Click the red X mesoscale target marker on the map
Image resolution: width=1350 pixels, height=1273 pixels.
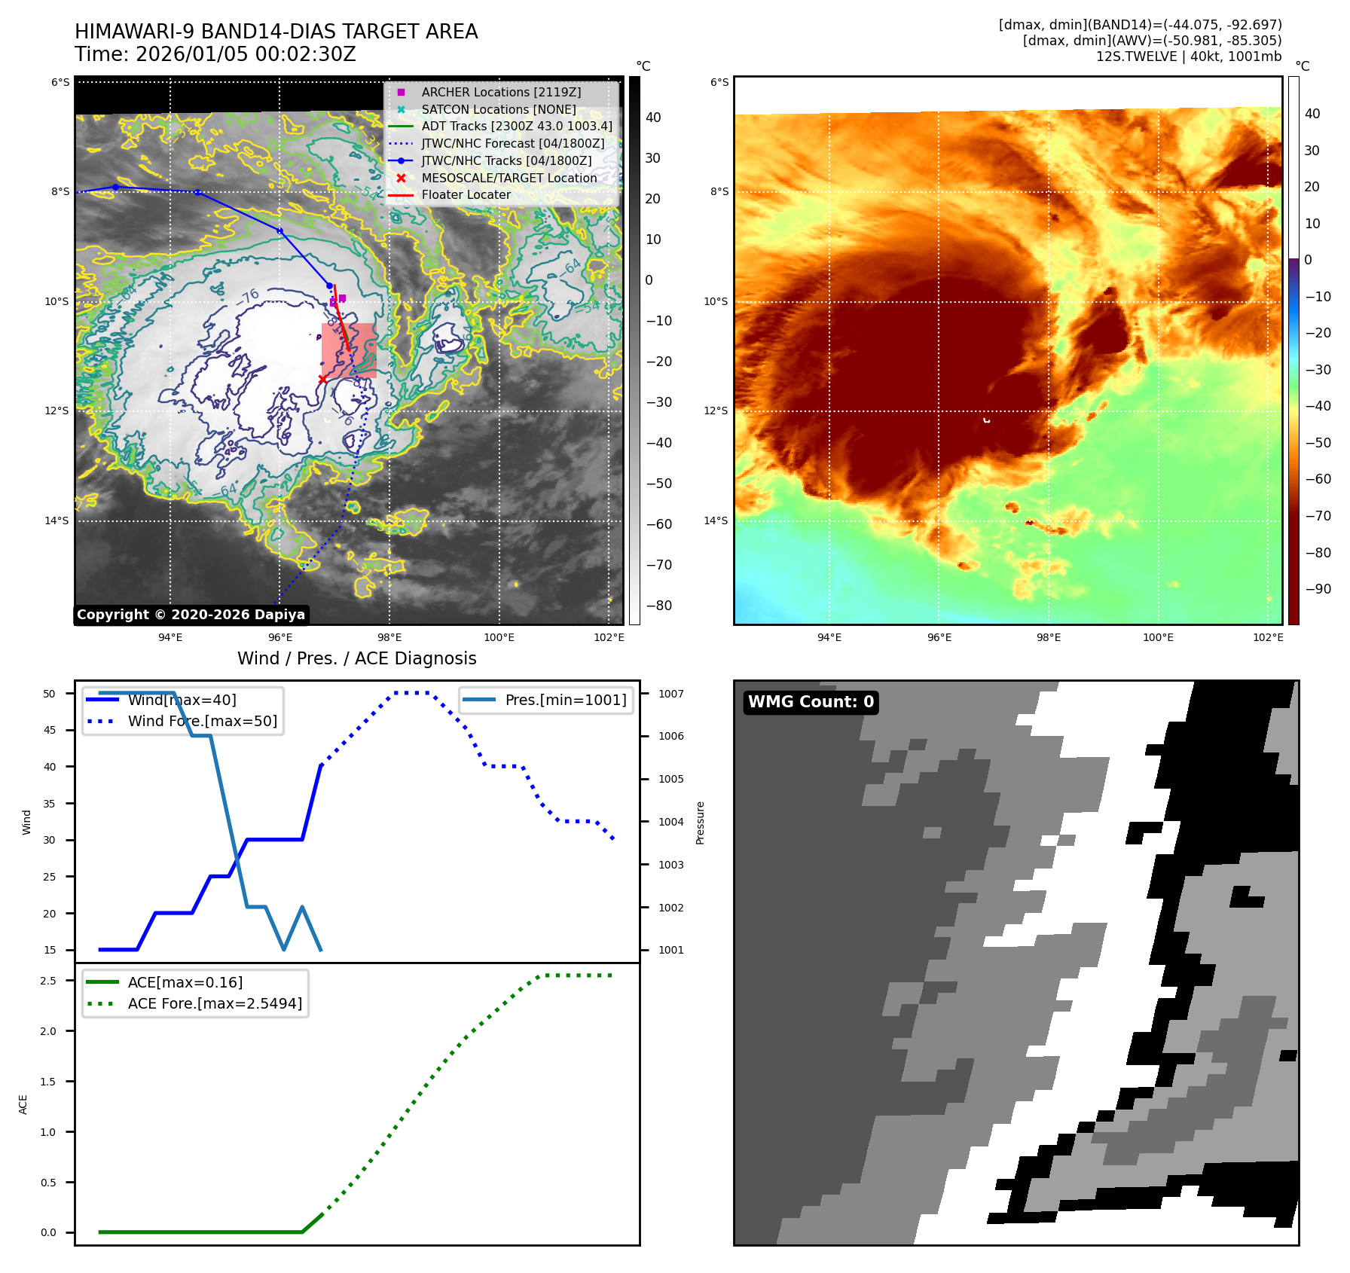pos(322,379)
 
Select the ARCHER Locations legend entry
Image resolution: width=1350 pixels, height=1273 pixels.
pos(501,92)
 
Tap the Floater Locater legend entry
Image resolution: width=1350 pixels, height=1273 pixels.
pos(466,194)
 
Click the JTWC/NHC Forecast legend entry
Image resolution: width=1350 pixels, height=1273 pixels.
pos(512,143)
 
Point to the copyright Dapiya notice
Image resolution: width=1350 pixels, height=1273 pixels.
pos(191,615)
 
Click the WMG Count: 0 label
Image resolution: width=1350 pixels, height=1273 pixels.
pos(811,702)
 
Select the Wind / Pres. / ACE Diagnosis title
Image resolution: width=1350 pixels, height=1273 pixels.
pos(356,658)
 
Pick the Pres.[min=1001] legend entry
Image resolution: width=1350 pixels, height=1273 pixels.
pos(565,700)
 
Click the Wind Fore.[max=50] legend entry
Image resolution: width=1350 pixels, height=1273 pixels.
pos(202,721)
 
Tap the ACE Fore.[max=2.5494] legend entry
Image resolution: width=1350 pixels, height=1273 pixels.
pos(215,1003)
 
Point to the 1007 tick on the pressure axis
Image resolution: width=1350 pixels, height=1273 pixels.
pos(670,694)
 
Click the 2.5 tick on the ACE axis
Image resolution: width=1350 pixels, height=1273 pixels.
pos(48,981)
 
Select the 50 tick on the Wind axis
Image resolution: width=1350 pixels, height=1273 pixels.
pos(50,694)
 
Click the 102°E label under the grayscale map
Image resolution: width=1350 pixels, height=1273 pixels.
pos(609,637)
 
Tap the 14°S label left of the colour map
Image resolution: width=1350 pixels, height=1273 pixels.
pos(716,520)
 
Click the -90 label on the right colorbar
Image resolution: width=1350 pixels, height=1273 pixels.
pos(1318,589)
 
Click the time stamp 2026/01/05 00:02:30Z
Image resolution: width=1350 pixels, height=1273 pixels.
pos(246,55)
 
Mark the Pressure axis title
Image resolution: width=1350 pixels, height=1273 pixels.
pos(700,823)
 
